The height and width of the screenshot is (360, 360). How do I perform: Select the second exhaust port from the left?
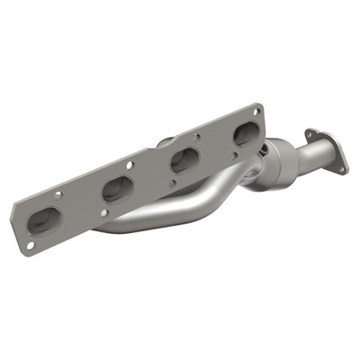pos(118,190)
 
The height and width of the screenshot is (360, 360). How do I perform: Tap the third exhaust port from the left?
pos(184,160)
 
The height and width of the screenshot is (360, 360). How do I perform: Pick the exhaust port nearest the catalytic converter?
pos(245,135)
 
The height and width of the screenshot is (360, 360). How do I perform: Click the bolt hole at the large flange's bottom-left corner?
pos(30,244)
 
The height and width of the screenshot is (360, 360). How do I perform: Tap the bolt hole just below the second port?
pos(106,212)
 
